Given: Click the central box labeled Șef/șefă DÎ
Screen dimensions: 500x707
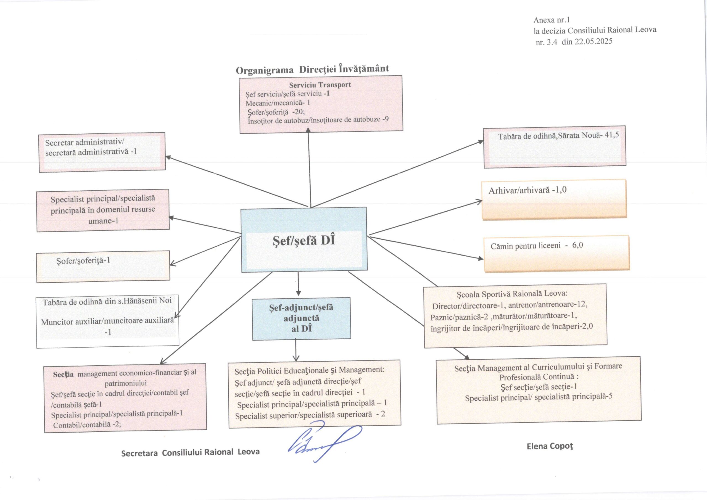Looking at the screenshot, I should tap(304, 240).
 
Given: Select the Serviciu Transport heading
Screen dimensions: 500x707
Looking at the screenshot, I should tap(320, 85).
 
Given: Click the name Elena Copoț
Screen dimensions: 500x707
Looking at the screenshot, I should tap(550, 446).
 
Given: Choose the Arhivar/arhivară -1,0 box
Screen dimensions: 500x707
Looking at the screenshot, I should tap(554, 199).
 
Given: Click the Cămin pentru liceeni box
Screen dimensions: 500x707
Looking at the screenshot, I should tap(556, 254).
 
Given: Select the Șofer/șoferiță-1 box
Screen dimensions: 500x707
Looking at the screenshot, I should tap(103, 267).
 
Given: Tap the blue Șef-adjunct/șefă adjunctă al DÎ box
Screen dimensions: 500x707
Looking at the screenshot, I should tap(301, 318).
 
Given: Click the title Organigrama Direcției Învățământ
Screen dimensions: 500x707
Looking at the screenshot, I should tap(312, 69).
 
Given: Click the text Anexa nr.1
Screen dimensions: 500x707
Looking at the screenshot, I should tap(552, 20).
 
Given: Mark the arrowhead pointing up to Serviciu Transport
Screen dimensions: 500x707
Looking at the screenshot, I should tap(308, 130).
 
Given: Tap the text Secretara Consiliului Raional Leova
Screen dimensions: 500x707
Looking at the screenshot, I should tap(190, 452).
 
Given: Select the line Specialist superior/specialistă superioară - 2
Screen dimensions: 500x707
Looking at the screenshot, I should tap(310, 415).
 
